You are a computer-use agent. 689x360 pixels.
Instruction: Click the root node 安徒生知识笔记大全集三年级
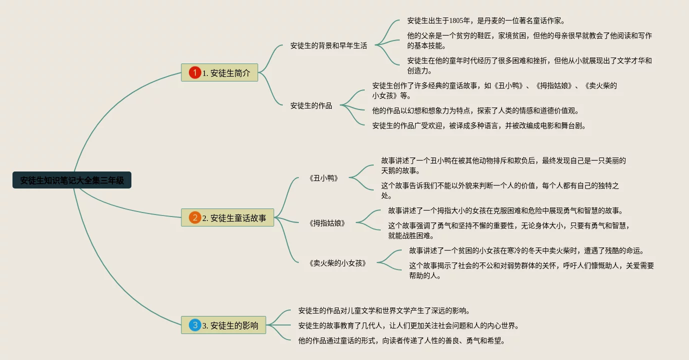(72, 180)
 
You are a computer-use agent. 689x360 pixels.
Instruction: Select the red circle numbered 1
(195, 73)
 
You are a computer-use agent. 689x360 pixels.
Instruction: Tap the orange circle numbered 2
(195, 218)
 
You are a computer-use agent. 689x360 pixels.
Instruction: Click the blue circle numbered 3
(195, 325)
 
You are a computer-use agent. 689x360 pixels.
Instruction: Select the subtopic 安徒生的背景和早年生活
(328, 45)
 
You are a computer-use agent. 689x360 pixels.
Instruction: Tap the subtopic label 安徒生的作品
(311, 105)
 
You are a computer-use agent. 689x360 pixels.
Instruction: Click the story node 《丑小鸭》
(324, 178)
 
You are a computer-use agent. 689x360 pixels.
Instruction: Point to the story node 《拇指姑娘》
(327, 223)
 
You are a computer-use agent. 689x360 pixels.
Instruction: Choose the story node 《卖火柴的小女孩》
(338, 263)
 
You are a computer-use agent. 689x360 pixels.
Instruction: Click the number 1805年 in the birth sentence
(460, 20)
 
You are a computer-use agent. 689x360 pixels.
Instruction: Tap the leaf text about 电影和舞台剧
(479, 125)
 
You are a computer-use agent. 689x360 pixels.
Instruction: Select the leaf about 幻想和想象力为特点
(475, 110)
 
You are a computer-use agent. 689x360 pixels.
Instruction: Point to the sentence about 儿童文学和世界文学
(384, 310)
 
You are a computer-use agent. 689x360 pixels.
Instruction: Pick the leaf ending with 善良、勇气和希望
(402, 340)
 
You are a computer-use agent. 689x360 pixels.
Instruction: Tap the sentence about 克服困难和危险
(505, 210)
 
